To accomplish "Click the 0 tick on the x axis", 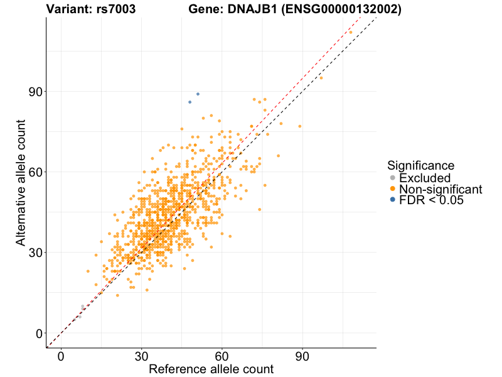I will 61,357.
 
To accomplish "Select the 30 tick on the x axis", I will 141,357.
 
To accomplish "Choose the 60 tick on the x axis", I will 222,357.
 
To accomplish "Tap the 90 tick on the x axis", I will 302,357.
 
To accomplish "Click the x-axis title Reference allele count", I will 211,369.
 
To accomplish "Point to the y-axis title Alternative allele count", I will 21,182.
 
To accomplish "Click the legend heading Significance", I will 420,166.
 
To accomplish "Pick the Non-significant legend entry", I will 440,189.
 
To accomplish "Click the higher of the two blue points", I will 198,94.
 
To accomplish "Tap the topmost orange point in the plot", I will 351,32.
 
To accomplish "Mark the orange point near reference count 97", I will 321,78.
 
